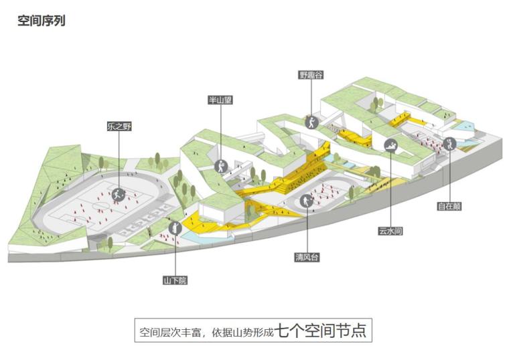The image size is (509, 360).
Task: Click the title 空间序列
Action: click(41, 21)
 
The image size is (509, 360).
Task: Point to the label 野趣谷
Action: click(311, 75)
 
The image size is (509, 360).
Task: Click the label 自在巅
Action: click(449, 206)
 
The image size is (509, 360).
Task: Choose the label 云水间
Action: click(390, 231)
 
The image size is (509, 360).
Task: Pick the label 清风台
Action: click(306, 257)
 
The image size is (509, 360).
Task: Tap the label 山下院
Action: click(175, 280)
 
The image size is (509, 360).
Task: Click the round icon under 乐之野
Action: click(119, 195)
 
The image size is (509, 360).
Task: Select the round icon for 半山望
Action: click(220, 166)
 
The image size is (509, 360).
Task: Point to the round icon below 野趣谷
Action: click(311, 122)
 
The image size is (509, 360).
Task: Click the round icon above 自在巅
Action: click(449, 143)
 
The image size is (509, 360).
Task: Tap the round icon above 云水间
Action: click(390, 145)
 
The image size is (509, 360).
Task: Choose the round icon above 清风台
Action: click(306, 201)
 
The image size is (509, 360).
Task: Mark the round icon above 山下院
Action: click(175, 229)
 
